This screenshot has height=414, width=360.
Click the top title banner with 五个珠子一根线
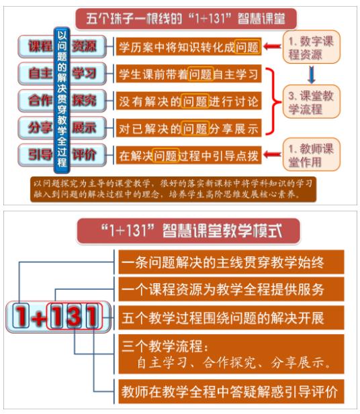pyautogui.click(x=186, y=19)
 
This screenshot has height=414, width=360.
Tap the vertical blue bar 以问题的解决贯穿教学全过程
pyautogui.click(x=62, y=100)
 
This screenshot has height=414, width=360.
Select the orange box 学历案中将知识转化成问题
pyautogui.click(x=189, y=47)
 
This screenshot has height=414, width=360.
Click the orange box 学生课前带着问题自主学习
pyautogui.click(x=189, y=74)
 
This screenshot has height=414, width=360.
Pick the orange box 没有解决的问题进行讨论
pyautogui.click(x=189, y=101)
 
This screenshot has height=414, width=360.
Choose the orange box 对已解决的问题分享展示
pyautogui.click(x=189, y=128)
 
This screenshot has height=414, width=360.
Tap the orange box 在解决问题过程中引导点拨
pyautogui.click(x=189, y=155)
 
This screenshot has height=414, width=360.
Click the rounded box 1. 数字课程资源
pyautogui.click(x=311, y=47)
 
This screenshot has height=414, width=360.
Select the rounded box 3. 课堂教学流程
pyautogui.click(x=311, y=101)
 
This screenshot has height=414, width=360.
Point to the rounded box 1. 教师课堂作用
pyautogui.click(x=311, y=154)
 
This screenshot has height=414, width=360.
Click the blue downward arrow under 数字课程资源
pyautogui.click(x=312, y=74)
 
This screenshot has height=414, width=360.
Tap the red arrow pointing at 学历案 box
pyautogui.click(x=272, y=46)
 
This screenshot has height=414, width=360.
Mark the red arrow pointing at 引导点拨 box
pyautogui.click(x=272, y=154)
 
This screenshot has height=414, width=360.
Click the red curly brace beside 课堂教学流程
pyautogui.click(x=274, y=101)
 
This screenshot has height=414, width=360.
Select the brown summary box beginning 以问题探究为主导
pyautogui.click(x=173, y=189)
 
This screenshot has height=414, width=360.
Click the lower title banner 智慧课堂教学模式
pyautogui.click(x=188, y=231)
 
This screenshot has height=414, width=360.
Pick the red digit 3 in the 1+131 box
pyautogui.click(x=74, y=316)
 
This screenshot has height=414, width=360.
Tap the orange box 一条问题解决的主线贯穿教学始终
pyautogui.click(x=231, y=262)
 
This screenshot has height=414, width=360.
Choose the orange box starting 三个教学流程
pyautogui.click(x=231, y=354)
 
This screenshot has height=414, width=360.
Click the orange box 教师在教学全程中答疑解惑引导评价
pyautogui.click(x=231, y=392)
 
